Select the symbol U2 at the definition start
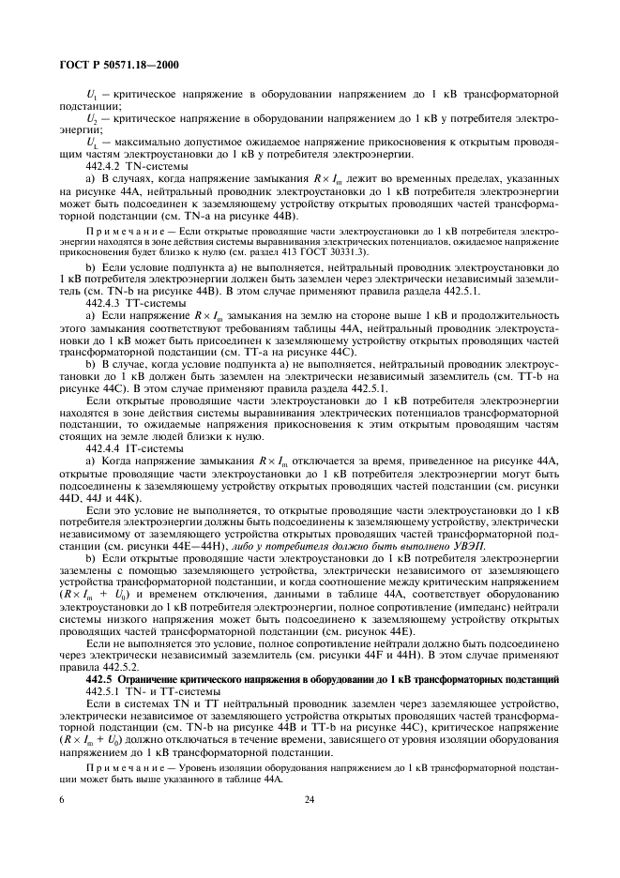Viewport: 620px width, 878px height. pyautogui.click(x=92, y=120)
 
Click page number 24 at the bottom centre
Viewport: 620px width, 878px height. pyautogui.click(x=309, y=800)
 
